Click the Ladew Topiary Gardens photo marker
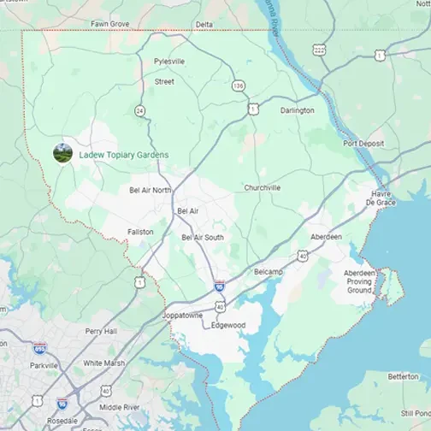pos(62,153)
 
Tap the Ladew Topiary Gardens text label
pos(123,155)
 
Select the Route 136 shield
pos(238,86)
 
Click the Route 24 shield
pos(139,110)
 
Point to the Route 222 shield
pos(319,50)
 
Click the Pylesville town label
pos(168,62)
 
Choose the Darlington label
pos(297,110)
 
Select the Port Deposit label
pos(363,144)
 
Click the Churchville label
pos(262,187)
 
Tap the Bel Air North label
pos(150,190)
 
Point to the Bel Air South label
pos(203,237)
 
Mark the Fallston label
pos(140,232)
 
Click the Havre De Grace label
pos(381,198)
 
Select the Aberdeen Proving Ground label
pos(358,281)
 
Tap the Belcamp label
pos(268,270)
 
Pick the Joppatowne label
pos(182,315)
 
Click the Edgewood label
pos(228,325)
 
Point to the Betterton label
pos(403,375)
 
